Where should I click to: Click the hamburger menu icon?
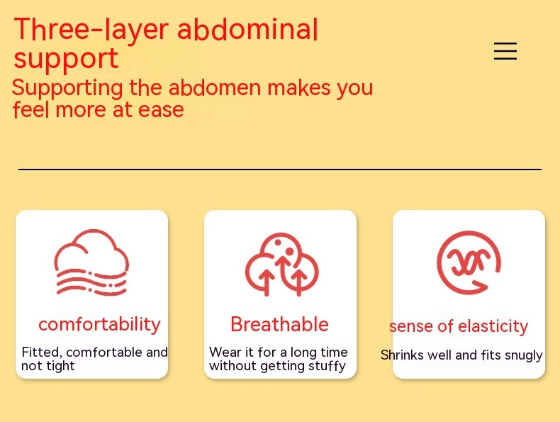(505, 51)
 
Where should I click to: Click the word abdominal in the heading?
(247, 28)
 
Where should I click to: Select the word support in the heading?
(66, 59)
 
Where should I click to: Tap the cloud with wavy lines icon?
(91, 262)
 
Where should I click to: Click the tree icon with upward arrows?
(281, 265)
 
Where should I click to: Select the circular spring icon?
(469, 263)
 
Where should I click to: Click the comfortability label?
(100, 325)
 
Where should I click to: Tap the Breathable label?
(279, 324)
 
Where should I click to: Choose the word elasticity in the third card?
(493, 326)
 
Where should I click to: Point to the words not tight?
(48, 366)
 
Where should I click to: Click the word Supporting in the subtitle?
(67, 88)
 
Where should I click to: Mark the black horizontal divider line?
(280, 170)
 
